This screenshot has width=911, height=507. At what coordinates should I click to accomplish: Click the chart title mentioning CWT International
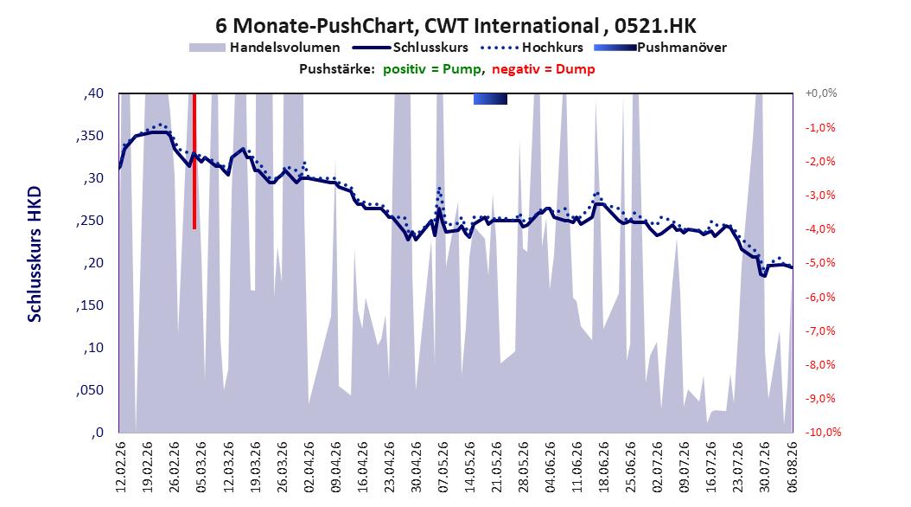(455, 26)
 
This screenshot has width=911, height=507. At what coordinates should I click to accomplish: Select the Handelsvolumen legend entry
(264, 48)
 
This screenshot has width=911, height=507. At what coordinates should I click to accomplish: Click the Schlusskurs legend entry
(411, 48)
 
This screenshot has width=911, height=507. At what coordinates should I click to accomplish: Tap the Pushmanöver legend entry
(660, 48)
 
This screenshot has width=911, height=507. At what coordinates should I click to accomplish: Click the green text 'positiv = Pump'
(432, 69)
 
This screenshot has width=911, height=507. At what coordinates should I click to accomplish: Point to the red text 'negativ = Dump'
(544, 69)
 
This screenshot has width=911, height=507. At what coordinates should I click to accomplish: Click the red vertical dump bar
(194, 161)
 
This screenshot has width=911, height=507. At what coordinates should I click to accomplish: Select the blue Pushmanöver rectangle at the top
(490, 99)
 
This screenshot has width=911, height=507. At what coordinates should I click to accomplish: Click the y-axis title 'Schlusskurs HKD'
(35, 254)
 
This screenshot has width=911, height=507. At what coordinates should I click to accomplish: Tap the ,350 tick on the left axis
(90, 136)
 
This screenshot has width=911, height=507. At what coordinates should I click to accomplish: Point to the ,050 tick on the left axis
(90, 391)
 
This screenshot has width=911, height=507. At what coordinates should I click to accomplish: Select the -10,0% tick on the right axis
(823, 432)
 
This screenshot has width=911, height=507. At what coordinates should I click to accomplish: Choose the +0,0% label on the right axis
(821, 93)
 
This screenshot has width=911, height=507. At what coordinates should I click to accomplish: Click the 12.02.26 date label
(121, 467)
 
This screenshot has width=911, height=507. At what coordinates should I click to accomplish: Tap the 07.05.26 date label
(443, 467)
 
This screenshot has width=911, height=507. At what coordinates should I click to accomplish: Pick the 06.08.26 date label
(792, 467)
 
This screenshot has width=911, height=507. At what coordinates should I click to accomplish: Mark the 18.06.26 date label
(603, 467)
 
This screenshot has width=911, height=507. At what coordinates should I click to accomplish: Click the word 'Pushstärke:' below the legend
(337, 69)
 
